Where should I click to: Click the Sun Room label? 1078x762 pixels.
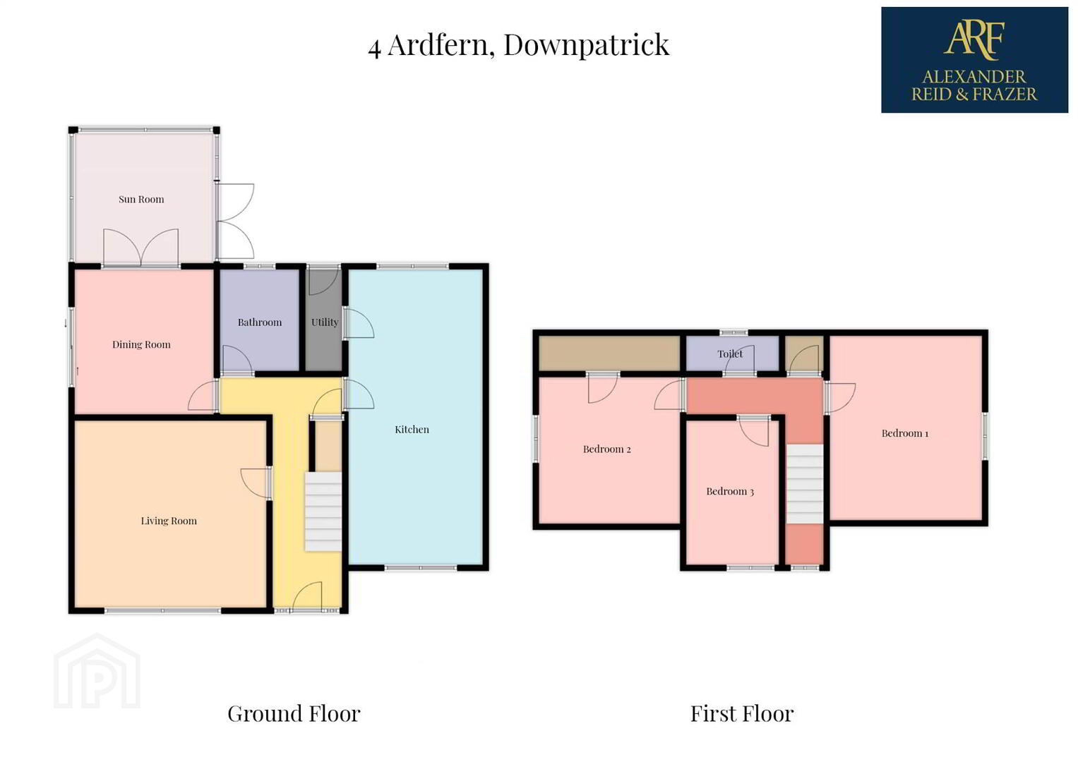pos(141,199)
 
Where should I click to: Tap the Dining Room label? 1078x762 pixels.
pos(141,344)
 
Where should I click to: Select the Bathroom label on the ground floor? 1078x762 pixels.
pos(259,322)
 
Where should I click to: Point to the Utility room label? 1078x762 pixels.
pos(324,322)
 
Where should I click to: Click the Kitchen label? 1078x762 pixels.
pos(412,430)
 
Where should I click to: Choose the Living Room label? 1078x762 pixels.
pos(169,521)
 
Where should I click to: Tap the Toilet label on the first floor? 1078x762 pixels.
pos(730,354)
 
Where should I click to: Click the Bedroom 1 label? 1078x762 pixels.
pos(905,433)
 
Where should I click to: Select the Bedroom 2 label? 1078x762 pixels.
pos(606,449)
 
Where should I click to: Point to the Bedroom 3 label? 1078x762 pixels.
pos(729,492)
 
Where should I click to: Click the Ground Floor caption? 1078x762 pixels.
pos(294,713)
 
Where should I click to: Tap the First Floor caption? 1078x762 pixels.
pos(741,713)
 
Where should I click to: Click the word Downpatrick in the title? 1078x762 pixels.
pos(586,45)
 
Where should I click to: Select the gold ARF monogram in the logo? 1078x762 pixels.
pos(974,40)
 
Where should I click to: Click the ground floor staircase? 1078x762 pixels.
pos(323,512)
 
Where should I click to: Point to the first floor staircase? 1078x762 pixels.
pos(804,484)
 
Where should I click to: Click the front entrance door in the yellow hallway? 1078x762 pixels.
pos(307,596)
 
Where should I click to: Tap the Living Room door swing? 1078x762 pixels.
pos(255,483)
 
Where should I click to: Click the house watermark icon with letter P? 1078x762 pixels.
pos(97,672)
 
